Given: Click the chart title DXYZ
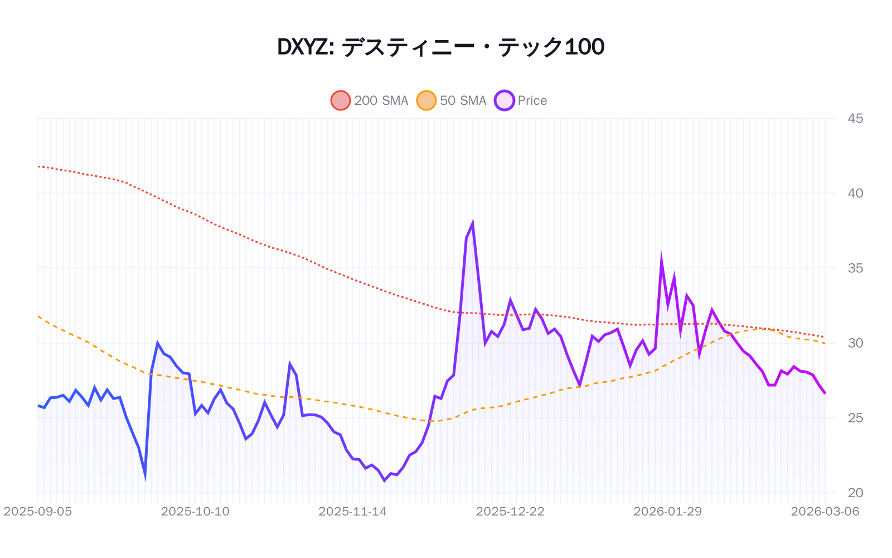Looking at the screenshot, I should coord(440,47).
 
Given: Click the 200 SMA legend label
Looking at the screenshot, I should coord(381,100).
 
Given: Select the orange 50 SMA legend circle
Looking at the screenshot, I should coord(426,100).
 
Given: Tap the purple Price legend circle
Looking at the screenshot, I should coord(504,100).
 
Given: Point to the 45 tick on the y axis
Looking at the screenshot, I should coord(855,118).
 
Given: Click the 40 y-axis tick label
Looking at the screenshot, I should coord(855,193).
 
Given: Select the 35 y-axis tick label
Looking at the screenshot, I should coord(855,268).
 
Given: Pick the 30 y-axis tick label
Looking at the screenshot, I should coord(855,343).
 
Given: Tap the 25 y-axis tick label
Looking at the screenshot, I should coord(855,418).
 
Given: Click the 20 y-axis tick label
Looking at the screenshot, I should coord(855,493).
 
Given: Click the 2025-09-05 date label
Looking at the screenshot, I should coord(38,512).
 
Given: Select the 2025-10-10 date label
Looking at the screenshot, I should coord(195,512).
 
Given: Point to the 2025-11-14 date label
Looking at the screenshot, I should coord(352,512).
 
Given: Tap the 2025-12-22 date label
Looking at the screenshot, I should coord(510,512).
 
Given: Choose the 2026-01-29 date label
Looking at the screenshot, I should coord(667,512).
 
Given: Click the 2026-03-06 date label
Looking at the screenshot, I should coord(825,512).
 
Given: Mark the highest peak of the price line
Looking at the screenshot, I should coord(473,224).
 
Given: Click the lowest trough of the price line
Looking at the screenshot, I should coord(384,480).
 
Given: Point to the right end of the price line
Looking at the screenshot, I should coord(825,393).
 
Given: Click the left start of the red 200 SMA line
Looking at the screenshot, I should coord(38,166).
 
